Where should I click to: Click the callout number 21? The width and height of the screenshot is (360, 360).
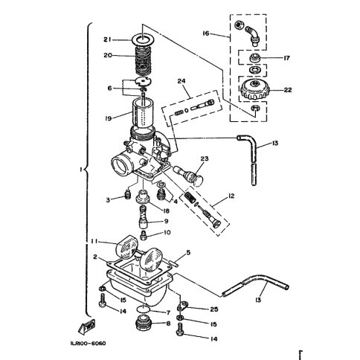click(x=107, y=39)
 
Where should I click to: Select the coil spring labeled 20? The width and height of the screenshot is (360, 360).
click(x=144, y=61)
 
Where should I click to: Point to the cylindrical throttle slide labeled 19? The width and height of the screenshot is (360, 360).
click(x=143, y=113)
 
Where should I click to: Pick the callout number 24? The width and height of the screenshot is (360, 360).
click(x=181, y=81)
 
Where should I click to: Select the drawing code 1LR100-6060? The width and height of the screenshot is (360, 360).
click(x=88, y=344)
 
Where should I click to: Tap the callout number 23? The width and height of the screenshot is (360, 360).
click(x=205, y=158)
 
